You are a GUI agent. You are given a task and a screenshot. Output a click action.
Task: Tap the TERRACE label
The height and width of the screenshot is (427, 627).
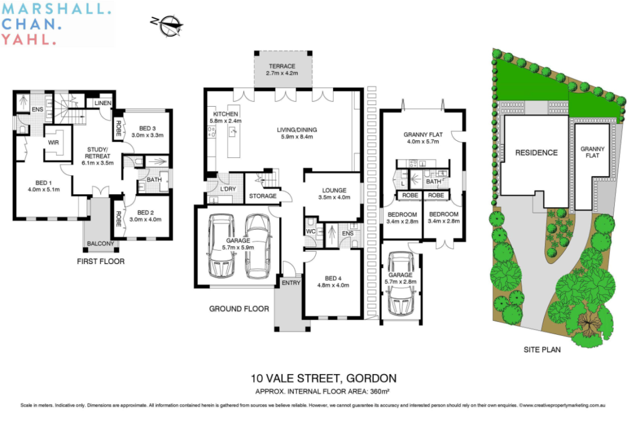[282, 66]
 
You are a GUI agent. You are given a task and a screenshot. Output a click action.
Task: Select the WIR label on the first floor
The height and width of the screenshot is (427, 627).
[53, 143]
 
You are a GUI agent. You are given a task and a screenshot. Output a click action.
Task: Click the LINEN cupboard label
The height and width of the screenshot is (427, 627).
[103, 103]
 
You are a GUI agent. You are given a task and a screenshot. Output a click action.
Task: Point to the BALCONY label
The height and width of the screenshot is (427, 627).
[100, 244]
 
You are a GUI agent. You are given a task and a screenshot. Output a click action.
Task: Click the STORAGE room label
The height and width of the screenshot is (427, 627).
[263, 196]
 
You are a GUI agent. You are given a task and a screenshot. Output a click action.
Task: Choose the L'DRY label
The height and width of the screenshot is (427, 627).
[228, 189]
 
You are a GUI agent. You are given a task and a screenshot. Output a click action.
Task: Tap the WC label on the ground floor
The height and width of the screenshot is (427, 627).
[311, 231]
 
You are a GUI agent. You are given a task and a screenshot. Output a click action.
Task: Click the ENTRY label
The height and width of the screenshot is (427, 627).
[291, 283]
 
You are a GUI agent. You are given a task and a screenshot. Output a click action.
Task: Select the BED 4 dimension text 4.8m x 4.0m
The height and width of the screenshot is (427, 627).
[333, 285]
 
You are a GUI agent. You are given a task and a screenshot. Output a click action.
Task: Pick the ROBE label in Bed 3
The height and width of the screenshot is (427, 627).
[118, 129]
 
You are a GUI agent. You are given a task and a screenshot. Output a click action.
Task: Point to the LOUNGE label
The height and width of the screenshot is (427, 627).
[334, 190]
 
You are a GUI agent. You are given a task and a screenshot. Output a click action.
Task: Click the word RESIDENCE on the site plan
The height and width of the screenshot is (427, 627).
[536, 153]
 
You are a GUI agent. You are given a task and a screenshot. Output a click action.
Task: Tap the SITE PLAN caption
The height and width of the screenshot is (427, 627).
[542, 349]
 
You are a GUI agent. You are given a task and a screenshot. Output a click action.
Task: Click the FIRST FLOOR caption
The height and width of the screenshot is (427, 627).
[101, 261]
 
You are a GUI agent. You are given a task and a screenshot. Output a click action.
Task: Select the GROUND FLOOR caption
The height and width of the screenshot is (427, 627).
[239, 309]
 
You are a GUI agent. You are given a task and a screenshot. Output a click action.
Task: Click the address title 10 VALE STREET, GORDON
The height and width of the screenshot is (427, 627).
[323, 378]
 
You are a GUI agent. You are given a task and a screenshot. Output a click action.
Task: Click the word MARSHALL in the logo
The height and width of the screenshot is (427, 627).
[56, 10]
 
